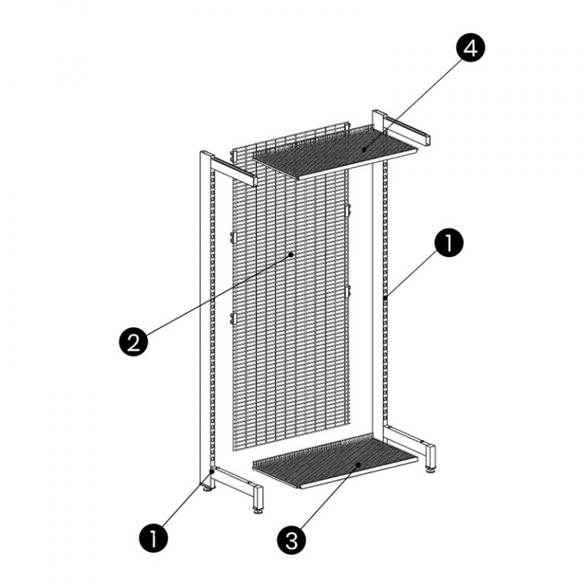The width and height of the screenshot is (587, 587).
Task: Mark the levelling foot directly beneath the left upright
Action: pos(207,485)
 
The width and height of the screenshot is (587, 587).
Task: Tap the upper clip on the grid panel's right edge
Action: pos(348,209)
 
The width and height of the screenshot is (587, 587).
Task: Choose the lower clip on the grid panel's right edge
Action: pos(348,290)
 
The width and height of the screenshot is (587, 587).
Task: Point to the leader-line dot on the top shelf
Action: pos(364,150)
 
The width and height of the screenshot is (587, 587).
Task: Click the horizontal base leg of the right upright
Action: pos(409,439)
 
